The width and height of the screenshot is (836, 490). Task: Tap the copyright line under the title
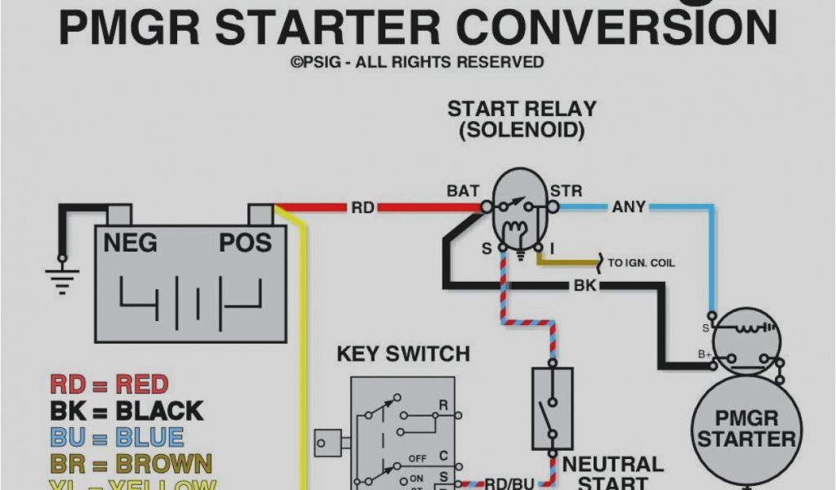click(417, 62)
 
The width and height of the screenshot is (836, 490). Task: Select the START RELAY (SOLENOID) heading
click(522, 119)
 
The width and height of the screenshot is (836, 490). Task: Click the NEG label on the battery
click(130, 243)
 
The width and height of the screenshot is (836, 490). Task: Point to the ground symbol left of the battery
click(60, 274)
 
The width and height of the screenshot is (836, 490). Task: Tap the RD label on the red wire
click(362, 208)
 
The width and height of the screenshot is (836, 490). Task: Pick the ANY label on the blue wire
click(629, 207)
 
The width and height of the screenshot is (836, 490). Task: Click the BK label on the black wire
click(585, 286)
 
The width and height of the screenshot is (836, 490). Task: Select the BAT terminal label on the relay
click(463, 191)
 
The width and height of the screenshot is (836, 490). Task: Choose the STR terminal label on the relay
click(566, 191)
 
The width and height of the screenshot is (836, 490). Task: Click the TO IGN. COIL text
click(641, 263)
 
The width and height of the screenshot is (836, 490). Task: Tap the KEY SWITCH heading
click(403, 354)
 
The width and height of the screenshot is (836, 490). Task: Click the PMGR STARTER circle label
click(746, 428)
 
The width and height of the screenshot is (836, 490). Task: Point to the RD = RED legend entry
click(109, 384)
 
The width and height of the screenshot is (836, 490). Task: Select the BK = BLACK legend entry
click(127, 410)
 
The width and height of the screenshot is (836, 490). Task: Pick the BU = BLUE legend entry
click(117, 437)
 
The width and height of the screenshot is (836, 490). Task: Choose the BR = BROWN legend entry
click(131, 464)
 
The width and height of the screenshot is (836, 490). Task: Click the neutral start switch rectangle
click(552, 408)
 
